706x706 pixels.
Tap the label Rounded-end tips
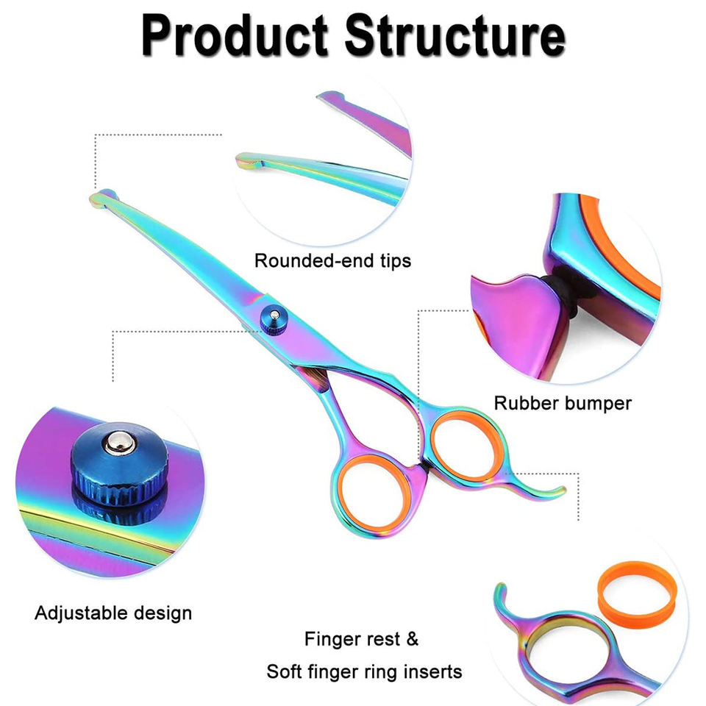(x=332, y=260)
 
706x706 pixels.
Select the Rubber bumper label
(x=563, y=403)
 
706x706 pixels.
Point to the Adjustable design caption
(x=113, y=613)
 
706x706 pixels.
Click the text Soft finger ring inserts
(x=364, y=671)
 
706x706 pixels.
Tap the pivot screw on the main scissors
(x=274, y=317)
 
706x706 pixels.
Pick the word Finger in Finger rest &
(x=333, y=639)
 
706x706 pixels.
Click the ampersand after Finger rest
(x=411, y=639)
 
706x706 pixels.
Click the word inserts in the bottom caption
(x=435, y=671)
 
